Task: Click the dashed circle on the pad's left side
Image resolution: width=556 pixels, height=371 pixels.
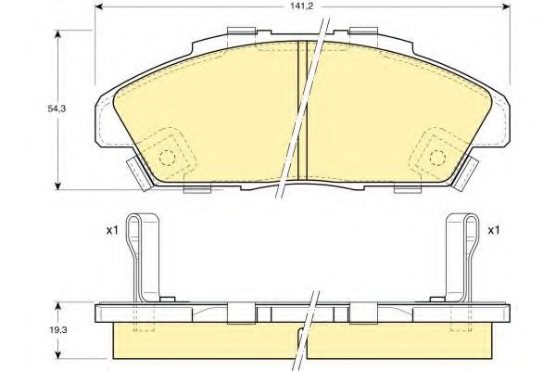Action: click(x=168, y=157)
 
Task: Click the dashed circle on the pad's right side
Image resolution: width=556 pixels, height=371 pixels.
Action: click(x=436, y=157)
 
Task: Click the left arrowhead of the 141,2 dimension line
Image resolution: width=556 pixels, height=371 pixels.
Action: click(x=99, y=7)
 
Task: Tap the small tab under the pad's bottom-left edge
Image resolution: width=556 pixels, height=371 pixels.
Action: click(x=198, y=189)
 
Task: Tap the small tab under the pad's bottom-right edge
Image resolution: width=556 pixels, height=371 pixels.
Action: click(x=408, y=189)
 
